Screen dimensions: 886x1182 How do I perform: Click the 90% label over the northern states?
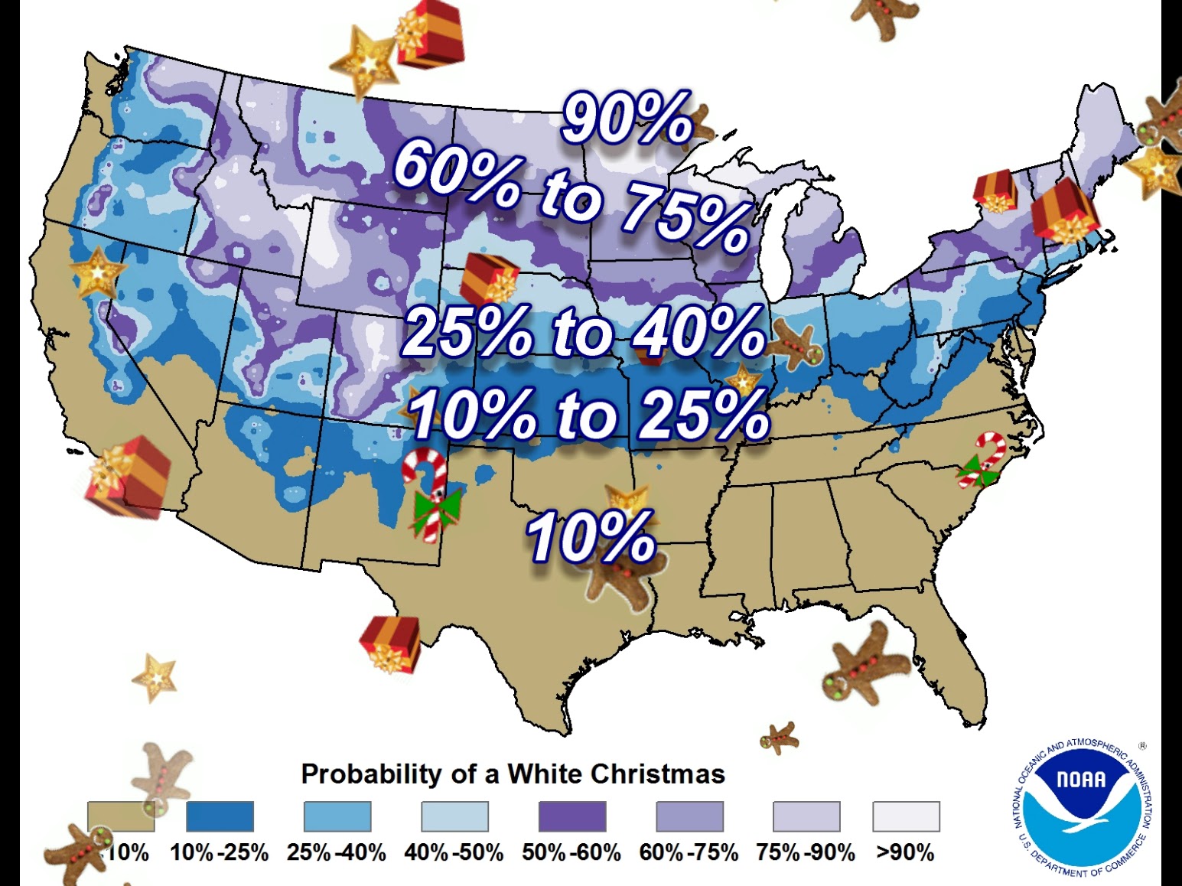click(x=627, y=119)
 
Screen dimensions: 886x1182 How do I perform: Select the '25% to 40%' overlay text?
click(x=583, y=332)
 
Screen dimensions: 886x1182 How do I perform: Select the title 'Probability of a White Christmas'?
click(x=513, y=774)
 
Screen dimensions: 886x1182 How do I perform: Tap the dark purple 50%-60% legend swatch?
click(x=571, y=816)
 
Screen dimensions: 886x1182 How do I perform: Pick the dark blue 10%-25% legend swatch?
click(x=220, y=816)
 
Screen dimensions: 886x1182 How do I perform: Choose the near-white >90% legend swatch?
click(x=906, y=816)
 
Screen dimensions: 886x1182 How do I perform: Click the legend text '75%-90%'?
click(x=806, y=852)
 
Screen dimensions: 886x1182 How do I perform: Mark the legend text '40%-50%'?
click(x=454, y=852)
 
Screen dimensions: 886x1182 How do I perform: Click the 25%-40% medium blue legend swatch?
click(x=337, y=816)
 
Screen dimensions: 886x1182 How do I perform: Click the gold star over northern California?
click(x=97, y=272)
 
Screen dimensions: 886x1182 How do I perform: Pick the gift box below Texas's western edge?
click(x=390, y=643)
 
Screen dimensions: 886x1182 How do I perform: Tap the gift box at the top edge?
click(x=431, y=34)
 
